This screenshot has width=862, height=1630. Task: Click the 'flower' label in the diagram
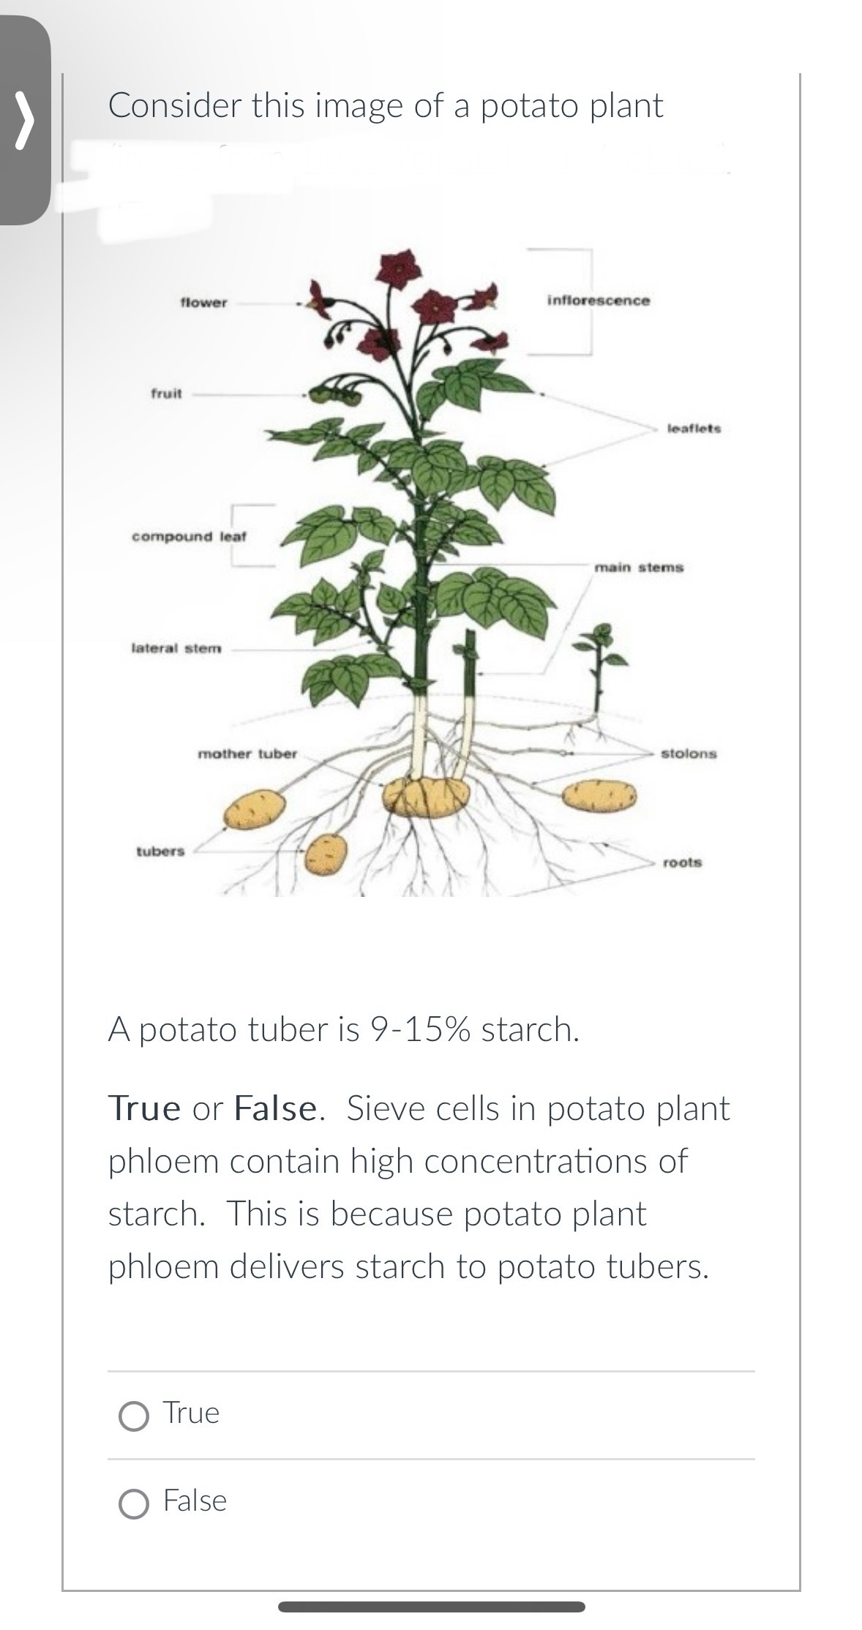pos(203,303)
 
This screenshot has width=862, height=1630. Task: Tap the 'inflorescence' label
pos(598,301)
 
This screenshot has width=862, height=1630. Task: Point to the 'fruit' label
pos(166,394)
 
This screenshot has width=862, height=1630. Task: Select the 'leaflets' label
pos(694,429)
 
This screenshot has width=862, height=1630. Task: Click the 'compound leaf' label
pos(189,536)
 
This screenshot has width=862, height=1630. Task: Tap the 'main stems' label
pos(639,567)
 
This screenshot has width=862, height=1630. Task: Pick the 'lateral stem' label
pos(176,648)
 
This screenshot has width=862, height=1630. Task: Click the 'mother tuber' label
pos(247,754)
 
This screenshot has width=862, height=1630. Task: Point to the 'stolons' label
pos(689,754)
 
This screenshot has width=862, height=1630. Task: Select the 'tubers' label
pos(160,852)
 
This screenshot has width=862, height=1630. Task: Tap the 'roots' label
pos(682,863)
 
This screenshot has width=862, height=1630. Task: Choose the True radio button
pos(133,1416)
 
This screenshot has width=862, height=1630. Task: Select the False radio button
pos(133,1504)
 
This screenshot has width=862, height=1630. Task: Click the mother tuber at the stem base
pos(426,796)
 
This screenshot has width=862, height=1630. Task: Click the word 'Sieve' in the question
pos(387,1108)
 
